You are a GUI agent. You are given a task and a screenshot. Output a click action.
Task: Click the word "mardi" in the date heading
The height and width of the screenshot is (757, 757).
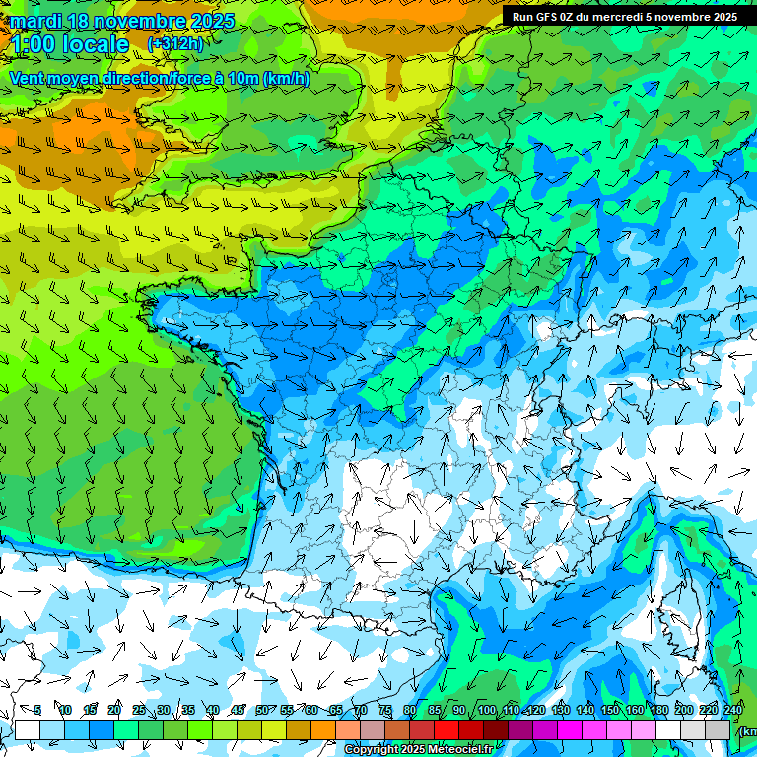tap(35, 21)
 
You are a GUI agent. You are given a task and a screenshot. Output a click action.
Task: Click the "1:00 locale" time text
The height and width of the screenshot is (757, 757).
tap(69, 44)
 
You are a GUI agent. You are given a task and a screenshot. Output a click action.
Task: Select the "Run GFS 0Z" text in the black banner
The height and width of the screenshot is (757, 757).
tap(544, 17)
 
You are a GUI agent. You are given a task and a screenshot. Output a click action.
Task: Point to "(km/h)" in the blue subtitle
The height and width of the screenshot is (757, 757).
tap(286, 78)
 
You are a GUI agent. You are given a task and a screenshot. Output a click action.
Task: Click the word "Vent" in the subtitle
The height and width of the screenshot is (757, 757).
tap(29, 78)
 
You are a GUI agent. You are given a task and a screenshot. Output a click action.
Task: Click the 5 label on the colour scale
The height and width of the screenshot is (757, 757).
tap(37, 710)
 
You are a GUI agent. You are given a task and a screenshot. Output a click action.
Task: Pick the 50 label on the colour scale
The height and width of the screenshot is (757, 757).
tap(261, 710)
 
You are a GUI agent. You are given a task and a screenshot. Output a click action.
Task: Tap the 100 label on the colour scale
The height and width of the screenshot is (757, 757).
tap(486, 710)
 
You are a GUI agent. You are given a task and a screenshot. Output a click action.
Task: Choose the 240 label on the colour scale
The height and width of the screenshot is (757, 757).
tap(732, 710)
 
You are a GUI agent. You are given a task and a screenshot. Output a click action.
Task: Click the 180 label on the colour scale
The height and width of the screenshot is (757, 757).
tap(658, 710)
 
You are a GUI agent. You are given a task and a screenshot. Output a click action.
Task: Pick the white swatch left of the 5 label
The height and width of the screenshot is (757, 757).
tap(28, 729)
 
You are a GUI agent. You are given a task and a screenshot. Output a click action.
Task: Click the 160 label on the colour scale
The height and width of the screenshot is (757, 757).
tap(634, 710)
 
